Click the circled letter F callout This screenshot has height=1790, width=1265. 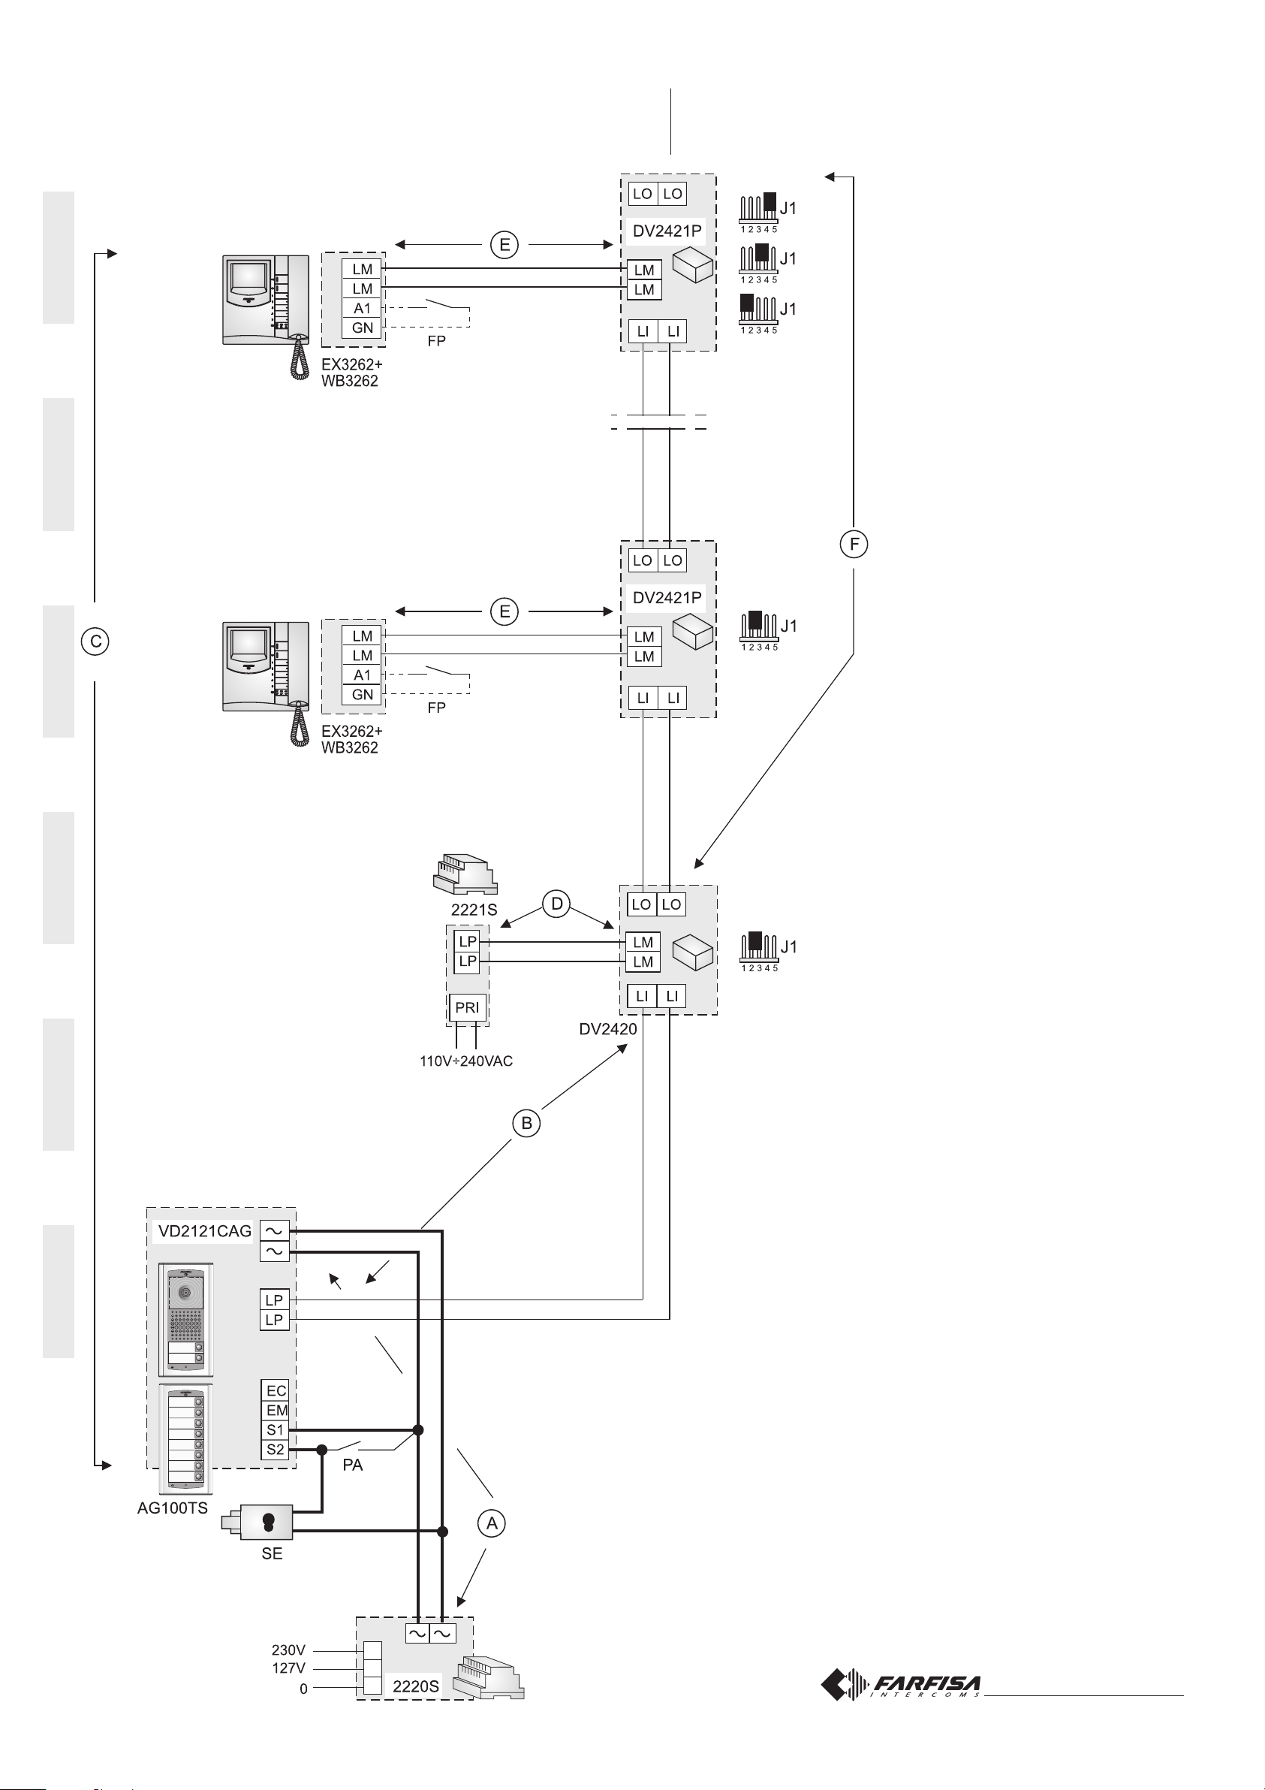coord(854,543)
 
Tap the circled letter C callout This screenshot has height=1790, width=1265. coord(95,641)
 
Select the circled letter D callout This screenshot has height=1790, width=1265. coord(556,904)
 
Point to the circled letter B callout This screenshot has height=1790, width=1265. coord(527,1124)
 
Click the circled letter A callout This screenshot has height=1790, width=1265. coord(492,1523)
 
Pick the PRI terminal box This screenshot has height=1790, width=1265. coord(467,1007)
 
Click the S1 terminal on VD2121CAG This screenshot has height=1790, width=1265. coord(275,1429)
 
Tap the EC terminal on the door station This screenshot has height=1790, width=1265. coord(275,1391)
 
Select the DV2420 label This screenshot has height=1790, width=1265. coord(608,1029)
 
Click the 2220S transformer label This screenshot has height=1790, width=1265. coord(415,1686)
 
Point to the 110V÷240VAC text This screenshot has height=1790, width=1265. coord(466,1061)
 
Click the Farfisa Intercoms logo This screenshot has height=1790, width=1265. coord(902,1685)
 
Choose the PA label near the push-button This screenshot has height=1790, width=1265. coord(352,1466)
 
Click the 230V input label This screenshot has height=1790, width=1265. coord(288,1650)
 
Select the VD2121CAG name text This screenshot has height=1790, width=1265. coord(205,1231)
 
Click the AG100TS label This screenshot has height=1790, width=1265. coord(172,1508)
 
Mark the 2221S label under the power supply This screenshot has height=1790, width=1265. coord(474,910)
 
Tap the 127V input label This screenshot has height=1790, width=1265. coord(288,1668)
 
